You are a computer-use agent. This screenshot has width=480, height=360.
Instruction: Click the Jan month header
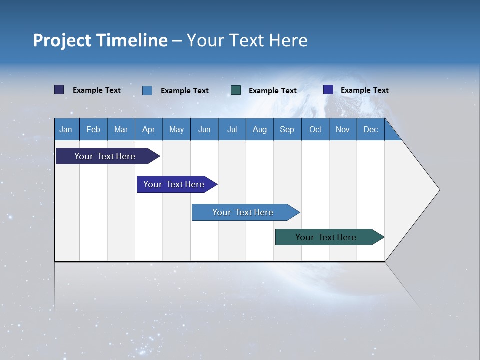66,129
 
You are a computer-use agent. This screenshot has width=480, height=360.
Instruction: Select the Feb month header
93,129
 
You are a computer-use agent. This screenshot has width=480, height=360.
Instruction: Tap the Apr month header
149,129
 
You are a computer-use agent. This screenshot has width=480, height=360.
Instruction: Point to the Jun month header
204,129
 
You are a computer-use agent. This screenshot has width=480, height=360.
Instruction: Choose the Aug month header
260,129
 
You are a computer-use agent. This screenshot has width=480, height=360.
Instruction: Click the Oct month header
315,129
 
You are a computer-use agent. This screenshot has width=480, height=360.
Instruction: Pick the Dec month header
371,129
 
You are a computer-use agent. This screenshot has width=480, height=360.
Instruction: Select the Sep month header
287,129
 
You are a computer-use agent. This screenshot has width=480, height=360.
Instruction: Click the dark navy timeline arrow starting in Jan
105,156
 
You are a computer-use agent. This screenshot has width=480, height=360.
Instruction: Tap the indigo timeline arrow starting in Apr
174,184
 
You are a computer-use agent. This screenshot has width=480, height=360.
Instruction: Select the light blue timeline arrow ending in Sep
243,212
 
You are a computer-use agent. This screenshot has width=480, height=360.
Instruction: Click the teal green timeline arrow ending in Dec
326,237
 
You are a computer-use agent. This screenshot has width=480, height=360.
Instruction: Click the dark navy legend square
59,90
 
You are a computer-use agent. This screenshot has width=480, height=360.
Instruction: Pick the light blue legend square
147,90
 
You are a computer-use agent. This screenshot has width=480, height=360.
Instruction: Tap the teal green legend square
236,90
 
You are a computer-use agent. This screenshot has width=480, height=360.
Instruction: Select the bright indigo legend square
328,90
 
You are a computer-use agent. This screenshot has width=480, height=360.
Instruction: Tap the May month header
176,129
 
